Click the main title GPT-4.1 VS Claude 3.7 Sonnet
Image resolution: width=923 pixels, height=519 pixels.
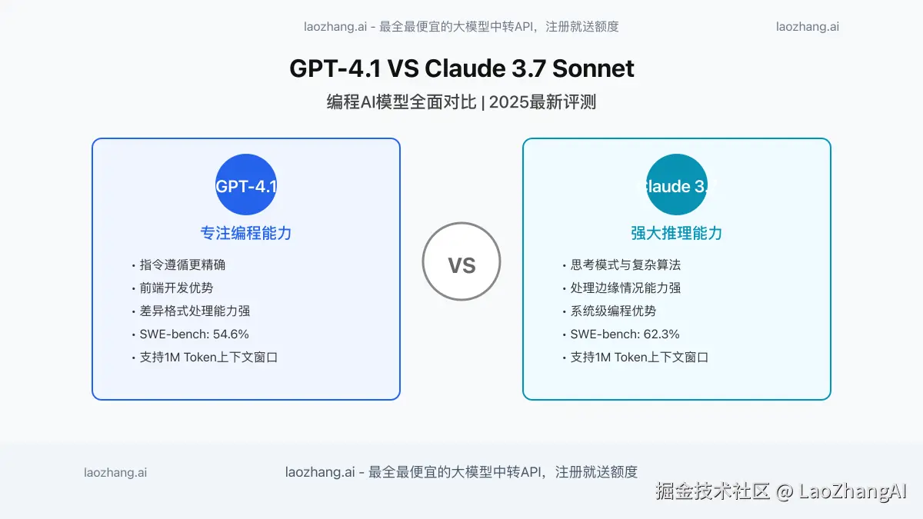(461, 68)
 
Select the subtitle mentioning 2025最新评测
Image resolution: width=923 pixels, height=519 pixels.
(461, 102)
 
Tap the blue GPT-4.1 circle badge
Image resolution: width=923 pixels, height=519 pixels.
(246, 185)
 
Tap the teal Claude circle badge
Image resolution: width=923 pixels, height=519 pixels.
(677, 185)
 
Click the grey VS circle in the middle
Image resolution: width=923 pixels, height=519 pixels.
(461, 261)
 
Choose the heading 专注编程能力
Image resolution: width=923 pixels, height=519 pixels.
(246, 233)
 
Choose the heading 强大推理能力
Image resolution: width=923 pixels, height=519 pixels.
(677, 233)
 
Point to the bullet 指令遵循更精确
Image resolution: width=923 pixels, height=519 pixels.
(182, 265)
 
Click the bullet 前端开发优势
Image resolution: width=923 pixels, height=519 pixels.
(176, 288)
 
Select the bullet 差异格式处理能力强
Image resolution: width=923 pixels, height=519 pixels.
(195, 311)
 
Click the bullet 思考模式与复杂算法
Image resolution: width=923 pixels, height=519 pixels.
(625, 265)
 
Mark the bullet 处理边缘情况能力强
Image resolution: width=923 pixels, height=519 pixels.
(625, 288)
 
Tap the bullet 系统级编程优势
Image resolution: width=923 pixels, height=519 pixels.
(613, 311)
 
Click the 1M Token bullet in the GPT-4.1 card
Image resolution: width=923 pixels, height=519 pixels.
(208, 358)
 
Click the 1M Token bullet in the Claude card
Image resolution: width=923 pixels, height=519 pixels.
(639, 358)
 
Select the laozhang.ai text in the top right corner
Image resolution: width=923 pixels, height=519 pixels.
(808, 26)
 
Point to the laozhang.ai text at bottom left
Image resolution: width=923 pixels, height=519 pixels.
(115, 473)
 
